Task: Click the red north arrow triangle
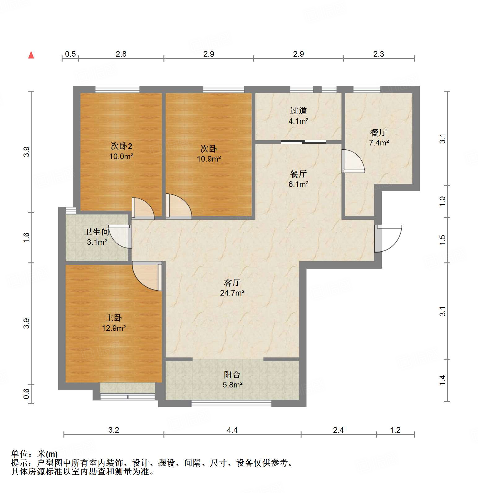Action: pyautogui.click(x=31, y=55)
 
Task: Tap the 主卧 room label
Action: pyautogui.click(x=114, y=318)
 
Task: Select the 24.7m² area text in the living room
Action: pyautogui.click(x=232, y=293)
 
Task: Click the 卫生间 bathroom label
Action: pyautogui.click(x=97, y=232)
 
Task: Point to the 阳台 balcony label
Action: pyautogui.click(x=232, y=375)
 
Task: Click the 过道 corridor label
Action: pyautogui.click(x=298, y=111)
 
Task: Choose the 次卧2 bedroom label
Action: pyautogui.click(x=121, y=146)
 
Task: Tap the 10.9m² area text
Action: pyautogui.click(x=209, y=159)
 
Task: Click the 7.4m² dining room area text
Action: pyautogui.click(x=379, y=143)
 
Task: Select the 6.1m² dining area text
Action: pyautogui.click(x=298, y=184)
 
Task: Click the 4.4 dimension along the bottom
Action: pyautogui.click(x=232, y=430)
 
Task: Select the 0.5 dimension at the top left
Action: pyautogui.click(x=70, y=54)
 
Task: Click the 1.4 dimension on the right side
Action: pyautogui.click(x=442, y=380)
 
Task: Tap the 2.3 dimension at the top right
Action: pyautogui.click(x=378, y=54)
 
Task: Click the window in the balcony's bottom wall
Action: pyautogui.click(x=231, y=403)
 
